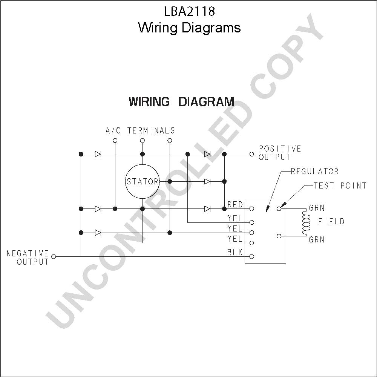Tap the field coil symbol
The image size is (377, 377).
[306, 222]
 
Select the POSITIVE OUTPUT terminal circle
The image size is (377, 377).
[252, 154]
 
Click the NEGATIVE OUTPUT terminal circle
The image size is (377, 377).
[54, 256]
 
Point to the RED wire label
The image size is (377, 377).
[235, 205]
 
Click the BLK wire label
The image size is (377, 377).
[235, 252]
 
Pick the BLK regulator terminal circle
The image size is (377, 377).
[252, 256]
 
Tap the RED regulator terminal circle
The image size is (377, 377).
[252, 209]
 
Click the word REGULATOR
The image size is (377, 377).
[315, 171]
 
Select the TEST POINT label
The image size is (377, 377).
[340, 185]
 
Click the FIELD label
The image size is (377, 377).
[331, 221]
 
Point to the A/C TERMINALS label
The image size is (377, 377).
[140, 130]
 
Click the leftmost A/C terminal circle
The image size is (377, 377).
[115, 140]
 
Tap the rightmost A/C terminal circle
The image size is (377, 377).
[170, 140]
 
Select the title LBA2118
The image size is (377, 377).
[190, 11]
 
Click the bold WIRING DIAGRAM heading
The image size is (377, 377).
[182, 101]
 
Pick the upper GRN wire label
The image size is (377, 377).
[317, 208]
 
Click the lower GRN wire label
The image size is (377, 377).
[317, 239]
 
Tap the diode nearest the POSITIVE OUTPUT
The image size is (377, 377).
[207, 154]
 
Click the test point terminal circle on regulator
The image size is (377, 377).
[279, 209]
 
